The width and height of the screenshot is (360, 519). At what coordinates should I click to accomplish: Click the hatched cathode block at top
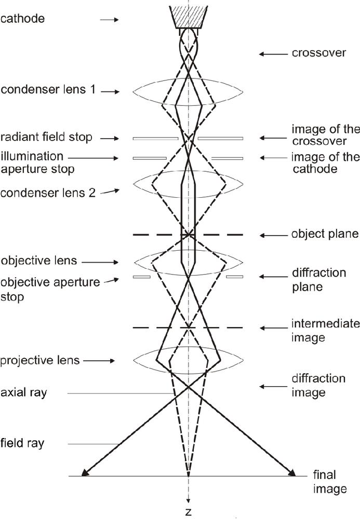[x=189, y=17]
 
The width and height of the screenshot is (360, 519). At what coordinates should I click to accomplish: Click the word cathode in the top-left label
[x=22, y=19]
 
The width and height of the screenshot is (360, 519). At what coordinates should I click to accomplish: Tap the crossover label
[x=319, y=53]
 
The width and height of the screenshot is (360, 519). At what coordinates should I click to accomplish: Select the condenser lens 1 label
[x=48, y=90]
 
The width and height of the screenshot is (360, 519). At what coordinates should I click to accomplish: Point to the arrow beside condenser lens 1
[x=110, y=92]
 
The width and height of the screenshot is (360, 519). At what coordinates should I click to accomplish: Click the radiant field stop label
[x=46, y=137]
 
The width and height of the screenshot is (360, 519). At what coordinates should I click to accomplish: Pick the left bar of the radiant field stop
[x=155, y=139]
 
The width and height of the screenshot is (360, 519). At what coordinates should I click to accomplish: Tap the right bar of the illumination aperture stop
[x=227, y=158]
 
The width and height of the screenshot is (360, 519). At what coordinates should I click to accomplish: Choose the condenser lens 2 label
[x=48, y=193]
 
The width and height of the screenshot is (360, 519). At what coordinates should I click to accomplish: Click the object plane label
[x=325, y=235]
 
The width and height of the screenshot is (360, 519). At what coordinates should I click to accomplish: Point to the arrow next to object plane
[x=274, y=235]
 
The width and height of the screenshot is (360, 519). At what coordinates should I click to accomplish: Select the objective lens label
[x=39, y=261]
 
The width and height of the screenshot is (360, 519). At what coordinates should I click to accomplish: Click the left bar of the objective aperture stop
[x=142, y=277]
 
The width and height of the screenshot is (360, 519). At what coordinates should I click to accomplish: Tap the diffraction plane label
[x=319, y=280]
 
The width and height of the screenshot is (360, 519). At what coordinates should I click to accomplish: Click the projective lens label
[x=40, y=361]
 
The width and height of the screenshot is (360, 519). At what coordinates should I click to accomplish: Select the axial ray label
[x=24, y=393]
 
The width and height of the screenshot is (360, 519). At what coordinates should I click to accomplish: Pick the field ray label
[x=22, y=443]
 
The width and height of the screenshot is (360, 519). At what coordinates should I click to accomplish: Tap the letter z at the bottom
[x=189, y=512]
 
